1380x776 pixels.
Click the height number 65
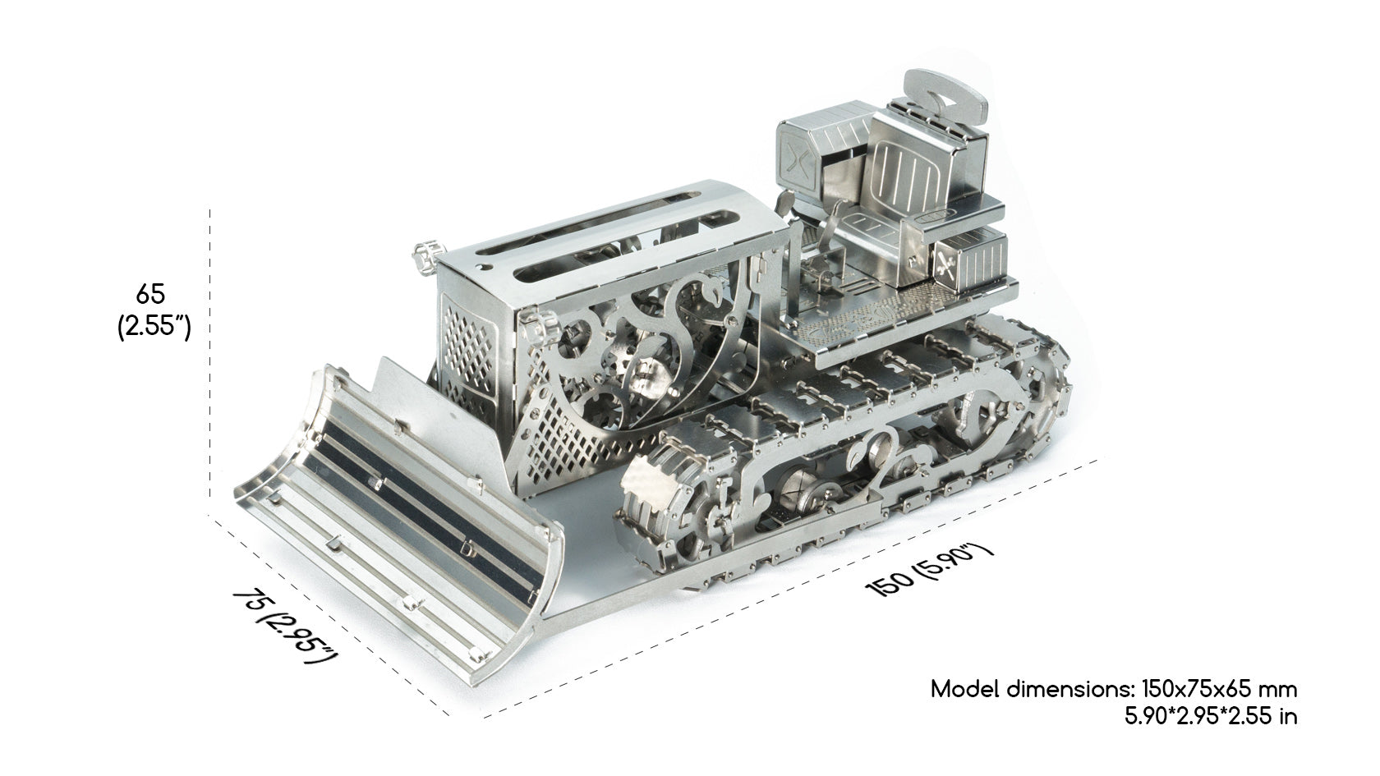click(x=150, y=294)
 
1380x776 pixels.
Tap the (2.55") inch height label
click(x=154, y=326)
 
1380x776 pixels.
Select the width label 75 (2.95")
click(x=284, y=626)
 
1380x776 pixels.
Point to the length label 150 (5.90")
click(x=930, y=571)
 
